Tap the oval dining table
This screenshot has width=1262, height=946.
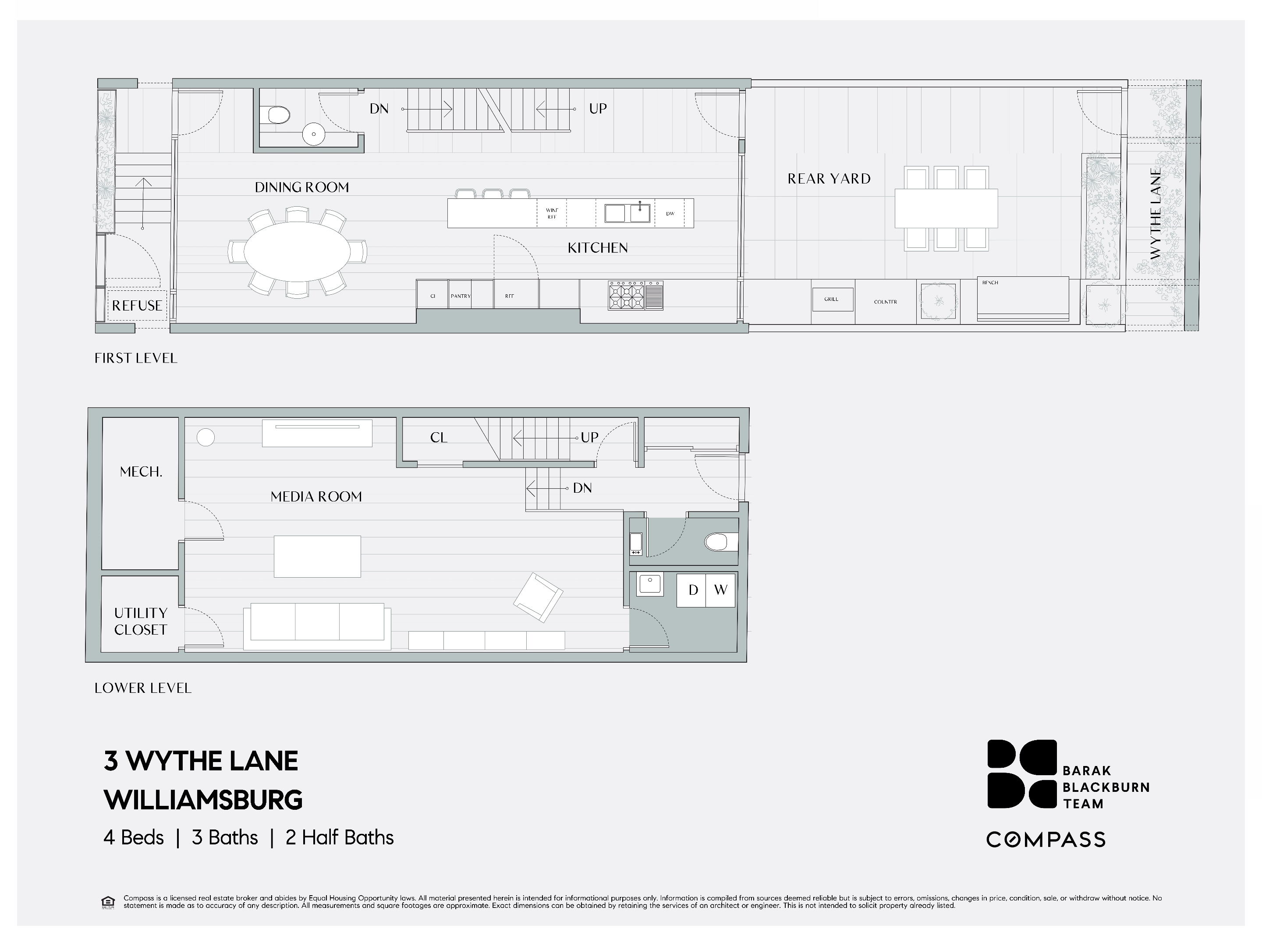[297, 251]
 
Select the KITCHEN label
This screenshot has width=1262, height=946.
[597, 248]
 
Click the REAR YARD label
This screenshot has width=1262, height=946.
[829, 179]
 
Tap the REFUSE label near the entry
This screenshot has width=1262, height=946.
[136, 306]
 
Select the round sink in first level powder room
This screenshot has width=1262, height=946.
[313, 134]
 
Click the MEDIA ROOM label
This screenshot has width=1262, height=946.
[316, 497]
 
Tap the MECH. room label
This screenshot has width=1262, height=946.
[141, 472]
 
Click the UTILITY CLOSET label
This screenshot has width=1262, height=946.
[140, 621]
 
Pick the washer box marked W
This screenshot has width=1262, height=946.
[720, 590]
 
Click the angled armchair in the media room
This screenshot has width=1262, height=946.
[538, 597]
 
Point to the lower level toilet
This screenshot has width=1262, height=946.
[720, 542]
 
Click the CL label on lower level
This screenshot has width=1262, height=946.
[438, 438]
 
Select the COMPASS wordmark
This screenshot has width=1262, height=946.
[1046, 840]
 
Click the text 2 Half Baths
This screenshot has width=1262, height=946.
[340, 838]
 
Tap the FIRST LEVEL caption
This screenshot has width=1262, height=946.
[136, 358]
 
